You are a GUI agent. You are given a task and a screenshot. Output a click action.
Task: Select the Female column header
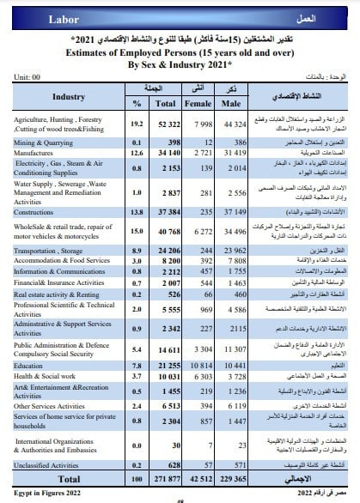pyautogui.click(x=196, y=102)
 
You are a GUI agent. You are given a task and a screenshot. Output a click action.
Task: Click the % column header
pyautogui.click(x=135, y=102)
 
